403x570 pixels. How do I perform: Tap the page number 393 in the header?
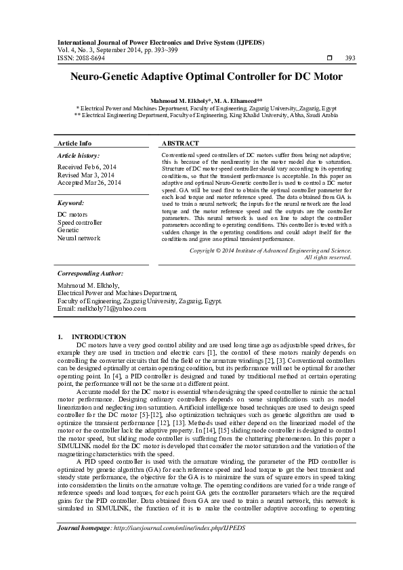[x=350, y=59]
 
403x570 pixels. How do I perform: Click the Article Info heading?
[x=75, y=144]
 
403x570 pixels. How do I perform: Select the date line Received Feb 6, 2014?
[x=87, y=167]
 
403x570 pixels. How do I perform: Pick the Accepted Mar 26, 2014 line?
[x=89, y=183]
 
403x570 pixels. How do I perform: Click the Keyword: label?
[x=70, y=203]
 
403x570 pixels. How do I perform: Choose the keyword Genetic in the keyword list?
[x=68, y=230]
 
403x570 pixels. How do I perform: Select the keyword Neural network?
[x=79, y=238]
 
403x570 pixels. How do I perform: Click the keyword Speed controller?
[x=80, y=222]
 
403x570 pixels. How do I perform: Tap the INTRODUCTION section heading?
[x=98, y=336]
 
